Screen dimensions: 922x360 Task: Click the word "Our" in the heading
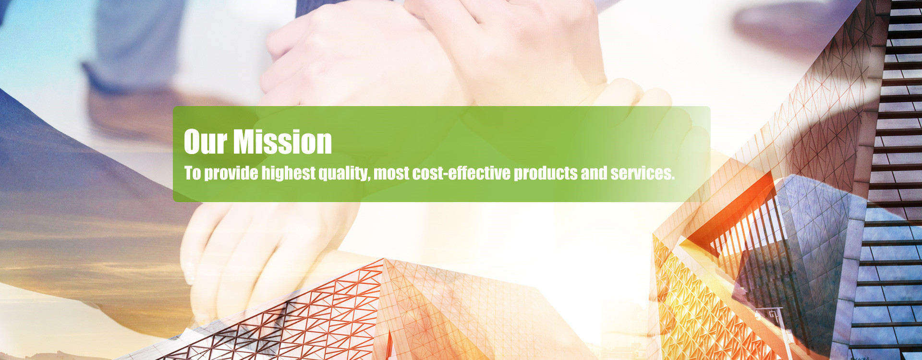[x=205, y=142]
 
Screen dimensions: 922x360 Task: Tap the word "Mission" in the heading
[x=283, y=142]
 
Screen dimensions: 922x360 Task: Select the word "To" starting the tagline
[x=192, y=173]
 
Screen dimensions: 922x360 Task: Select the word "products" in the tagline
[x=546, y=173]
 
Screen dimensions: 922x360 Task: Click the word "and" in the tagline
[x=594, y=173]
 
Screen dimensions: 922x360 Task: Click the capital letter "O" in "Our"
[x=193, y=142]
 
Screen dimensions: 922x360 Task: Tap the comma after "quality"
[x=368, y=179]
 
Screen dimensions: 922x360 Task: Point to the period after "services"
[x=673, y=178]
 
